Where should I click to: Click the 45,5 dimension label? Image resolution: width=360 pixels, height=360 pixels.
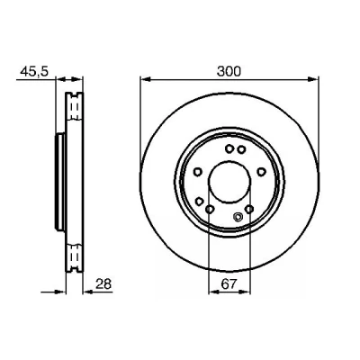(34, 72)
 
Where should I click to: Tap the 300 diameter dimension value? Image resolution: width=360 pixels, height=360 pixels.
(229, 72)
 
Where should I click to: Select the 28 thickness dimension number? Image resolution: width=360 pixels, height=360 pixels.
(103, 283)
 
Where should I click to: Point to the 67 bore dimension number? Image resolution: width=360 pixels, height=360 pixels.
(229, 283)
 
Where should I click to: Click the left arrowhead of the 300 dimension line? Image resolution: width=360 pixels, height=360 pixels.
(145, 79)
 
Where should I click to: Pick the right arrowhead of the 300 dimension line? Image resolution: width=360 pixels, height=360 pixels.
(314, 79)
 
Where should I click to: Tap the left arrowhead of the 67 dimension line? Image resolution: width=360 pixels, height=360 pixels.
(213, 292)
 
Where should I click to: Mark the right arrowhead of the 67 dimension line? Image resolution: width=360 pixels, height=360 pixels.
(246, 292)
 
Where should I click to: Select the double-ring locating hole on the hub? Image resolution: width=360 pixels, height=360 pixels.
(238, 216)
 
